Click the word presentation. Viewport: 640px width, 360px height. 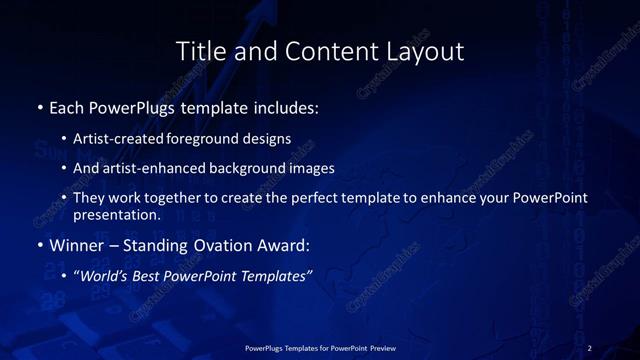click(x=116, y=214)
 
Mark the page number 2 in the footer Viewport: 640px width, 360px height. click(x=590, y=348)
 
